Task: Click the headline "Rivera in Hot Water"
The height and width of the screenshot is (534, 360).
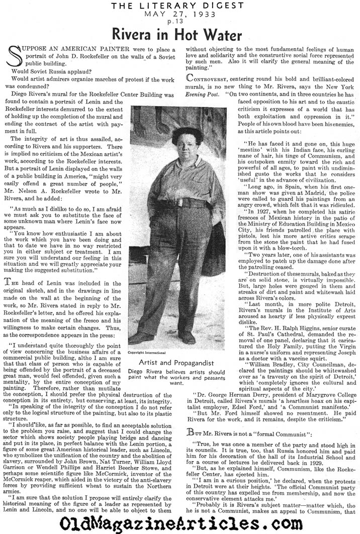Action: click(180, 33)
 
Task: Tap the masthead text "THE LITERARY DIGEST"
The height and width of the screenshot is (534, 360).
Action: click(180, 6)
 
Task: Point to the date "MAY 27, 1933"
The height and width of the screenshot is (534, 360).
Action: click(180, 14)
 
